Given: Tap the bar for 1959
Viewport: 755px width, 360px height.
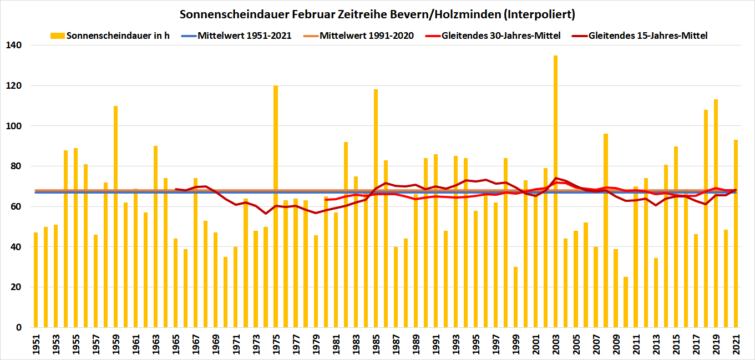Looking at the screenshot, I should [115, 216].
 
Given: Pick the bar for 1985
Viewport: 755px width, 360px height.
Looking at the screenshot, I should [376, 208].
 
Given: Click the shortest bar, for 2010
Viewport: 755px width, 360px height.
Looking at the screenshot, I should [626, 302].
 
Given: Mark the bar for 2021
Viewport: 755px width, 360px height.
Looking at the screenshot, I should [736, 233].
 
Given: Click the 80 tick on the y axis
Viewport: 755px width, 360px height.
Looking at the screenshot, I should [16, 166].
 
